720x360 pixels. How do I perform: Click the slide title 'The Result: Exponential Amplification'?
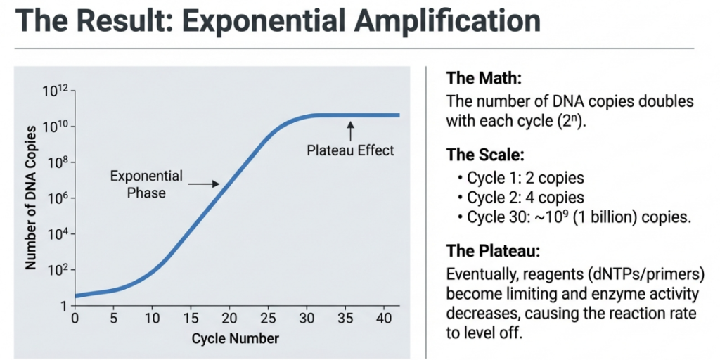[270, 22]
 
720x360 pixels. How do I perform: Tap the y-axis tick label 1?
[63, 306]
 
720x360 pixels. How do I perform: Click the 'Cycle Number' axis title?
[235, 338]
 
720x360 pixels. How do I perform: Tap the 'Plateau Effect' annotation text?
[351, 150]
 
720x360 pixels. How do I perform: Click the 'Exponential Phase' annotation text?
[146, 184]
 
